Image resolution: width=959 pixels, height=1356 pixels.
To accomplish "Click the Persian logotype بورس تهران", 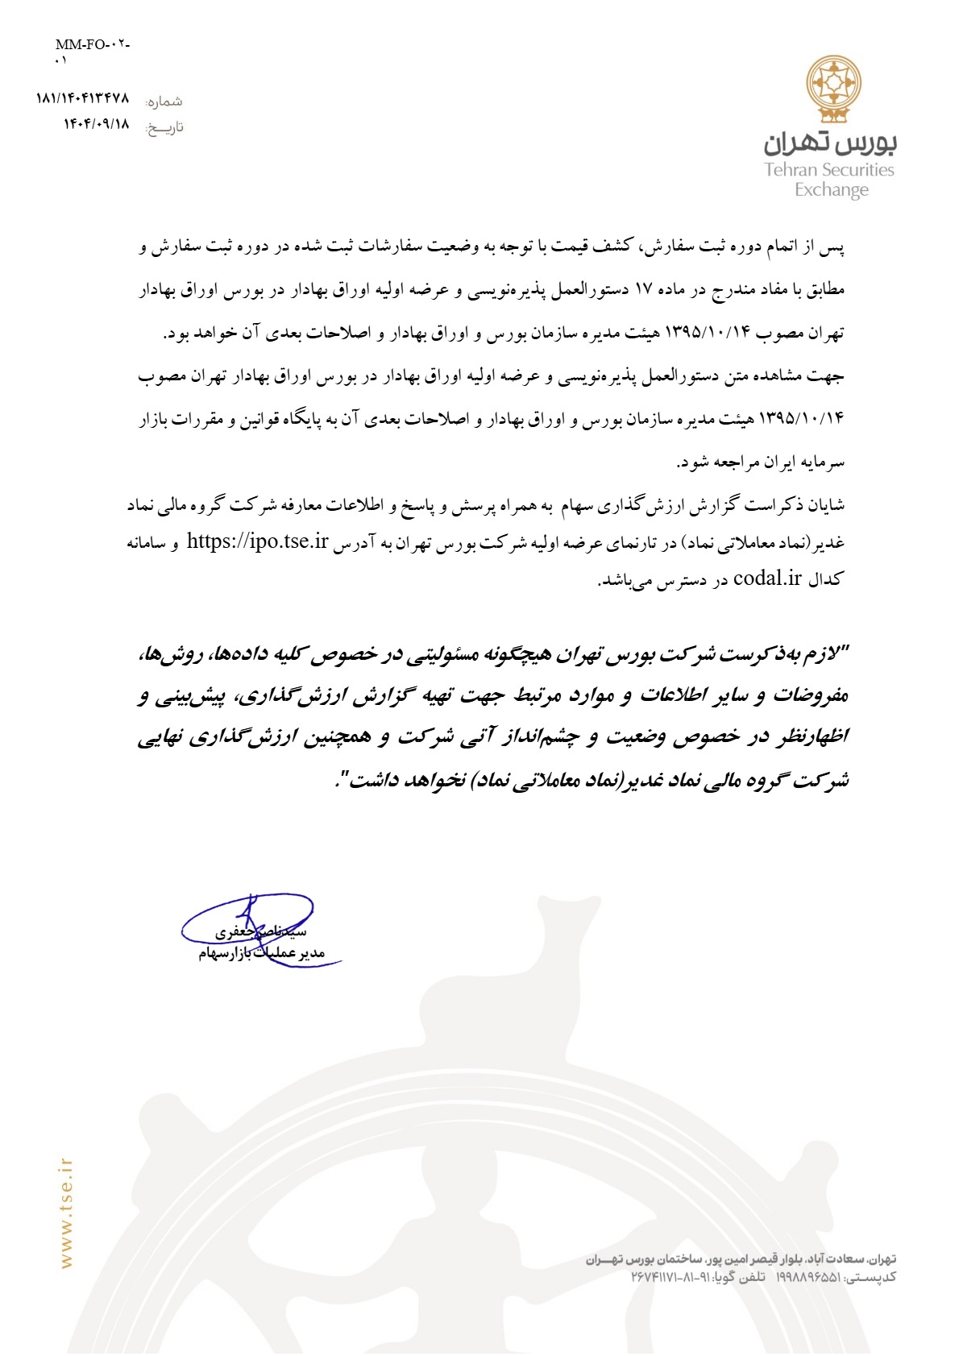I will click(830, 143).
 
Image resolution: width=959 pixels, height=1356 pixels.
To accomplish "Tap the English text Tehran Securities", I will click(829, 170).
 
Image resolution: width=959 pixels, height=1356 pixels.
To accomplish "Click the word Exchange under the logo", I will click(832, 190).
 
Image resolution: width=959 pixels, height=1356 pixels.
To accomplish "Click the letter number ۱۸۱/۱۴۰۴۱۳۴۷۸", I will click(82, 98).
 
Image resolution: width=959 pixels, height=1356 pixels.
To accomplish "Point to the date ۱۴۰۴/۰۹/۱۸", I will click(97, 124).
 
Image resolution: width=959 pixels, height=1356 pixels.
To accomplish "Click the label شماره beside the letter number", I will click(164, 102).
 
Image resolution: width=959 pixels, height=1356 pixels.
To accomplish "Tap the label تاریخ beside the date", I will click(164, 127).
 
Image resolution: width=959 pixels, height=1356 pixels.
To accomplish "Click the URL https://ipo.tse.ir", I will click(257, 541).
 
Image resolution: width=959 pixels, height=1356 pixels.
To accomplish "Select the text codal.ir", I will click(768, 578).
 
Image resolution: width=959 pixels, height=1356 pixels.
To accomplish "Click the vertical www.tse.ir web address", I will click(66, 1213).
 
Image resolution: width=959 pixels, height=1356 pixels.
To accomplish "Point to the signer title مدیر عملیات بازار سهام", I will click(261, 954).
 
